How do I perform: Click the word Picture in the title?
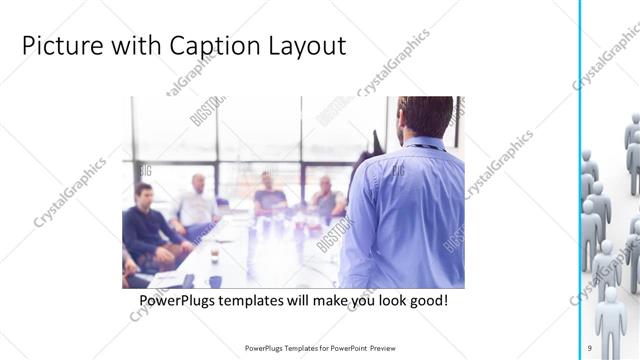click(x=59, y=46)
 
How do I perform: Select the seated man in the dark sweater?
click(x=149, y=225)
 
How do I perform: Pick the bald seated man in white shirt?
click(x=196, y=205)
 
